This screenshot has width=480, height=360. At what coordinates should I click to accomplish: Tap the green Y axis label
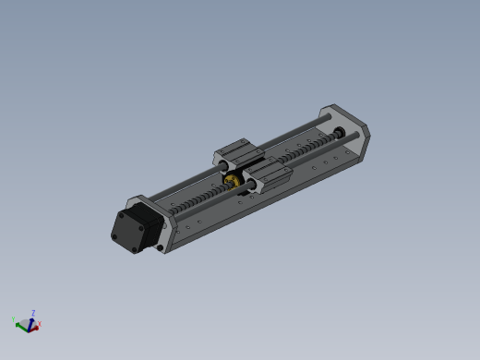[14, 320]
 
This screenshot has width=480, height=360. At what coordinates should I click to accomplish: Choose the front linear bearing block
[264, 174]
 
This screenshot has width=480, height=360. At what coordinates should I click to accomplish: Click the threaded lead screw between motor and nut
[198, 198]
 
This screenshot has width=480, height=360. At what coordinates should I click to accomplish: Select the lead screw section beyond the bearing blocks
[305, 151]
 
